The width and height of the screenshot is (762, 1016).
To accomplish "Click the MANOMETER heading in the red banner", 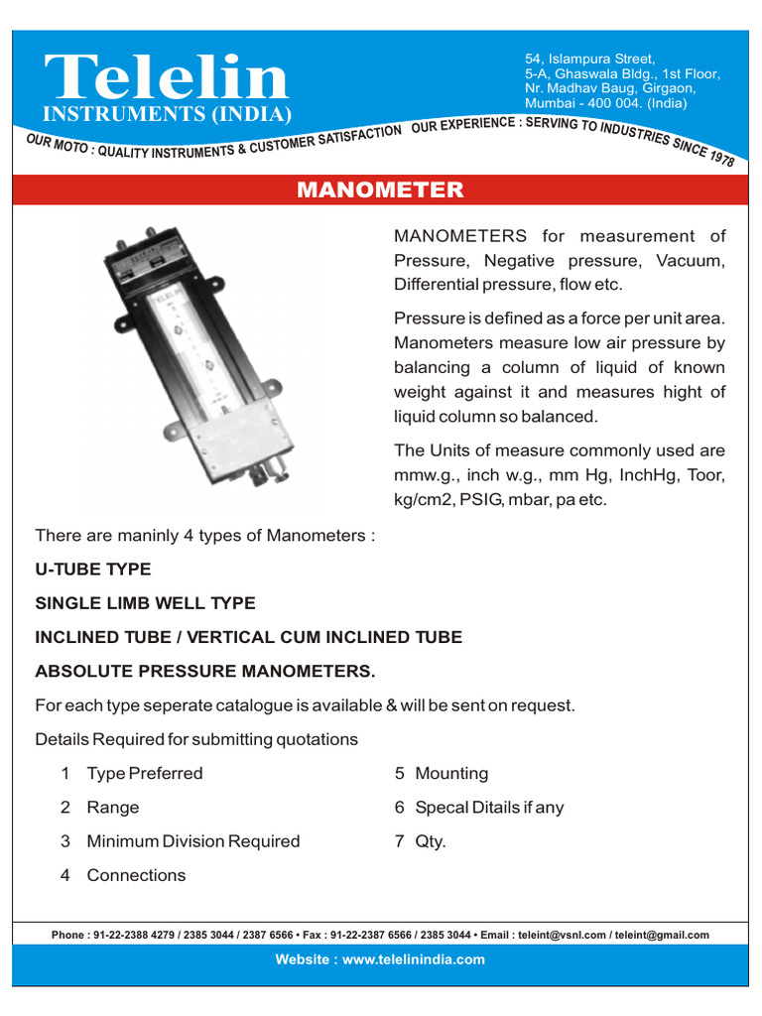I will coord(380,190).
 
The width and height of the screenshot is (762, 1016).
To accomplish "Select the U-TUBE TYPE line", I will coord(93,570).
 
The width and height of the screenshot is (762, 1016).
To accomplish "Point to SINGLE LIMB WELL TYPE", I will coord(145,603).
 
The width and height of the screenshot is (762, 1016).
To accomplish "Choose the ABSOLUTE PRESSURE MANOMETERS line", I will coord(205,672).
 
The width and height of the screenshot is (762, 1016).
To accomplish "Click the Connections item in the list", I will coord(136,875).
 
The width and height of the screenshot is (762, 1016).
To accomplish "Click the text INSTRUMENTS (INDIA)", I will coord(167,113).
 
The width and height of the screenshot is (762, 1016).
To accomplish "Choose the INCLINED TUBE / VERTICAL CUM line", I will coord(248,637).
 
